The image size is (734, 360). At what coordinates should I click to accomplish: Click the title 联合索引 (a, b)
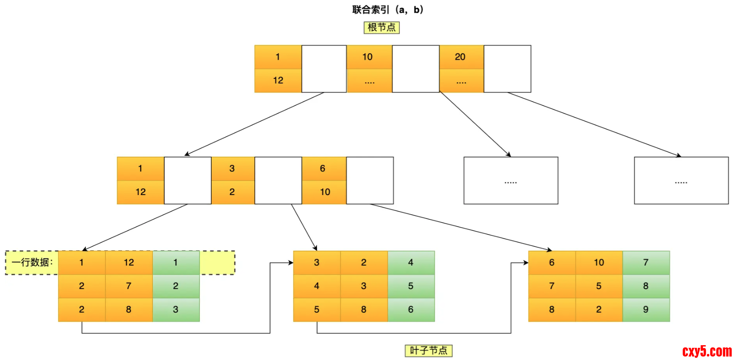387,10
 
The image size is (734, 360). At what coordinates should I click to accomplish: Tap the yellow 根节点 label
381,27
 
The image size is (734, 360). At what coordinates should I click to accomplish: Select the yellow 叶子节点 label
428,350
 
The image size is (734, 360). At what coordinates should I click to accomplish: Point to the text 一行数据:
32,262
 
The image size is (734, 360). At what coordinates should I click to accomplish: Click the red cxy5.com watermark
707,351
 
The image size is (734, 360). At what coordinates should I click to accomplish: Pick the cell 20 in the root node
461,57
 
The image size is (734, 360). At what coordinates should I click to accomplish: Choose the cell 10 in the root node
368,57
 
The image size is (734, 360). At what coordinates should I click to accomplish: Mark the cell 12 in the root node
278,81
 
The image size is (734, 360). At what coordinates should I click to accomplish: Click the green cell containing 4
411,262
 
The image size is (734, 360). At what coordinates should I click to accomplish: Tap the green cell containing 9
646,310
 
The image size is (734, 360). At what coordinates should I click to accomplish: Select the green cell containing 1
175,262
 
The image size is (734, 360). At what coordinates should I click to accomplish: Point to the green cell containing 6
411,310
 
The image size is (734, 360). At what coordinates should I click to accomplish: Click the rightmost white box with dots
681,181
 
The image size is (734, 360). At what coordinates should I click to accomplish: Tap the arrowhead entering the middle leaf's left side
290,262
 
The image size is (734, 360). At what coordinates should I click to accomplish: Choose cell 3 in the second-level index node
232,168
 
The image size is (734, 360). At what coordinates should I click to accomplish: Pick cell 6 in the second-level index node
323,168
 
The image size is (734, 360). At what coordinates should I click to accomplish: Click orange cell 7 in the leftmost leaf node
128,286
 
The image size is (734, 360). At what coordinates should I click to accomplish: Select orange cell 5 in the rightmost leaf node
599,286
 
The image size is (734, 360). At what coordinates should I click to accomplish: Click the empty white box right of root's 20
507,69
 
